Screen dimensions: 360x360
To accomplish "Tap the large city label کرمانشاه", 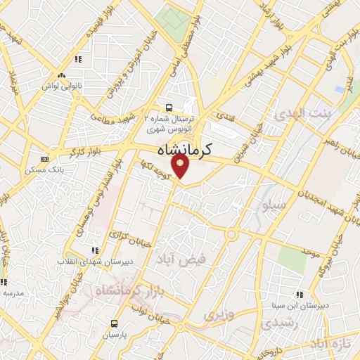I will pos(180,149).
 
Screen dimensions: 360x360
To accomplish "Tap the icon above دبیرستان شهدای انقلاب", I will pos(96,250).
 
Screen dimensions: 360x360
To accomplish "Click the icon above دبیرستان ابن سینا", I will pos(300,295).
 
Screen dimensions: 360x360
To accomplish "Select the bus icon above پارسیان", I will pos(114,323).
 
